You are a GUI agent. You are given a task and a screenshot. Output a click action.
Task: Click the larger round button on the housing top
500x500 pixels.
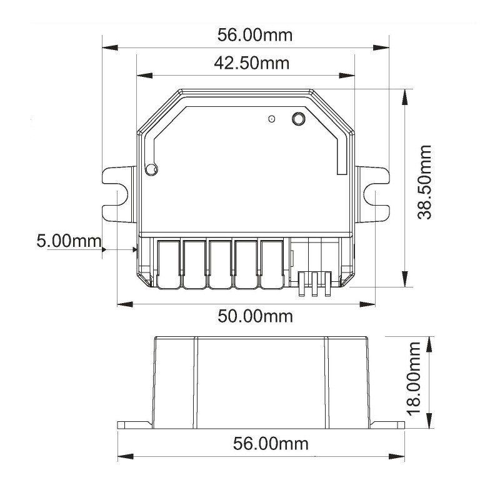(299, 118)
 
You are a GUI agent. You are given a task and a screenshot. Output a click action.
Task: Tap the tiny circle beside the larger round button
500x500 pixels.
(271, 119)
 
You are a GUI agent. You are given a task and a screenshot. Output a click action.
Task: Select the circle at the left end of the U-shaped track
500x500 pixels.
(150, 168)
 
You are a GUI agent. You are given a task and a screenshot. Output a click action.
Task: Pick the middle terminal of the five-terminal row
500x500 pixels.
(220, 265)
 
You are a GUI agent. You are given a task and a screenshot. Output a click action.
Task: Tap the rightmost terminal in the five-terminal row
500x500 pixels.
(271, 265)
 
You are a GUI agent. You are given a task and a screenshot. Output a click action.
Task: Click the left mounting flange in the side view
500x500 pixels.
(134, 424)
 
